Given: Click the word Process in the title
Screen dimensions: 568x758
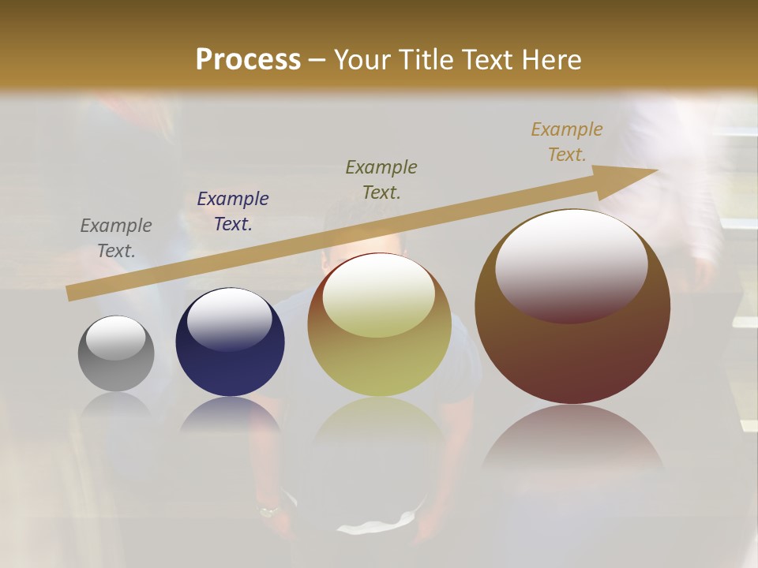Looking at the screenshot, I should click(x=248, y=60).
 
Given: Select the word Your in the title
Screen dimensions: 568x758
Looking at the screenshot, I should click(x=361, y=60).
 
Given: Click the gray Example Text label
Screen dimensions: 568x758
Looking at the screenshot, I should click(x=116, y=238).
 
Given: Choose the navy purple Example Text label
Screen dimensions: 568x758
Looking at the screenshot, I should click(x=233, y=211).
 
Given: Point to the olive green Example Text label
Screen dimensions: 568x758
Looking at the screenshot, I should click(x=381, y=179).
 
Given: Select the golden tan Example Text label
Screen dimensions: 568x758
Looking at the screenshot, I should click(x=567, y=142).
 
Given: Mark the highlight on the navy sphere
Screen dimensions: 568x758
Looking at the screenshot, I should click(x=229, y=317).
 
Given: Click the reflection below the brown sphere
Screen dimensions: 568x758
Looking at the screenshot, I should click(x=572, y=442).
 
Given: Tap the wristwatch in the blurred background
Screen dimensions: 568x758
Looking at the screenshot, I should click(x=269, y=511).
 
